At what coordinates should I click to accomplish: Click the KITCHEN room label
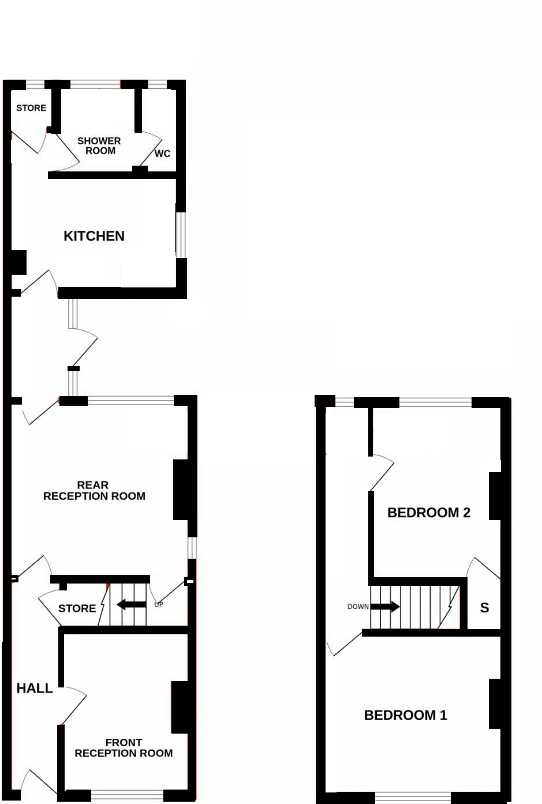(x=94, y=236)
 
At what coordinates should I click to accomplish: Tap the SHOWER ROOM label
(x=99, y=145)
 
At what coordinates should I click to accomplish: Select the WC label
(x=163, y=154)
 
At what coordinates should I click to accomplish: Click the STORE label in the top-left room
(x=31, y=108)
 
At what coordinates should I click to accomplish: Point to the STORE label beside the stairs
(x=77, y=608)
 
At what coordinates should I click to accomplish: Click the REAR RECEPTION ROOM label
(x=94, y=491)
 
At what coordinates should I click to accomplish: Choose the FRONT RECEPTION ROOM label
(x=124, y=747)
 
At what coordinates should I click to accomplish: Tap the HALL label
(x=35, y=688)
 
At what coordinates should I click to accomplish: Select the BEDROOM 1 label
(x=405, y=715)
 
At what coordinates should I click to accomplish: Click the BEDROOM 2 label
(x=428, y=513)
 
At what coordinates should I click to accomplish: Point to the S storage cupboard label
(x=484, y=607)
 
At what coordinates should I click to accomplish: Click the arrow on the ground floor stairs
(x=131, y=604)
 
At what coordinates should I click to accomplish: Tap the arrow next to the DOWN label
(x=385, y=607)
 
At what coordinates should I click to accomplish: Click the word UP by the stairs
(x=159, y=604)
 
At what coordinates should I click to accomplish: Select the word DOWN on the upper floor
(x=358, y=607)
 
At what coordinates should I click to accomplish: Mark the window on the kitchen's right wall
(x=181, y=235)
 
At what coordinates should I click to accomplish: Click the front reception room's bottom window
(x=127, y=795)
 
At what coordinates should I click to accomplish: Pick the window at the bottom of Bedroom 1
(x=412, y=797)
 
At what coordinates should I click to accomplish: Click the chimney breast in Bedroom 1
(x=495, y=703)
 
